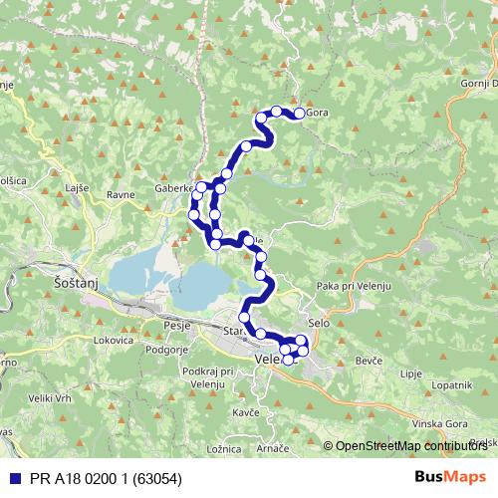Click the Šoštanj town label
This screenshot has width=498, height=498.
(71, 284)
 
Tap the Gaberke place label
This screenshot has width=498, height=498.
(175, 186)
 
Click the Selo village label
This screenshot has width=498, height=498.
(319, 324)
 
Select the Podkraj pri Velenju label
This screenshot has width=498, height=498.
(207, 376)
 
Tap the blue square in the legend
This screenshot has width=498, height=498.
(10, 478)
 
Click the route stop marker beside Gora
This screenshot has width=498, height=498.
(298, 114)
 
